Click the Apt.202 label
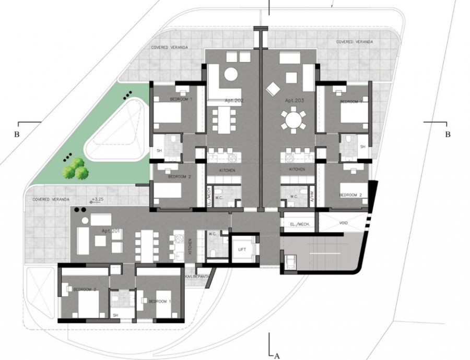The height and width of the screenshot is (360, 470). click(x=236, y=99)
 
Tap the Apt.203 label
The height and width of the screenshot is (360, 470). click(x=295, y=99)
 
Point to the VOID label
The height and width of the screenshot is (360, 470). click(x=343, y=223)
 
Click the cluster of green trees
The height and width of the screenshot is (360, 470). click(x=74, y=169)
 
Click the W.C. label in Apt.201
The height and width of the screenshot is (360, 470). click(x=213, y=234)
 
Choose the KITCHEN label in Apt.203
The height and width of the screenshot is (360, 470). click(x=297, y=170)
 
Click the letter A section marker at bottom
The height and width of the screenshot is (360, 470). click(x=277, y=355)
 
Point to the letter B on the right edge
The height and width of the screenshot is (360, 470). click(x=447, y=134)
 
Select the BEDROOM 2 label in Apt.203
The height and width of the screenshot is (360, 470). click(x=350, y=195)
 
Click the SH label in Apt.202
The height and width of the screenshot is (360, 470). click(x=159, y=151)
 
